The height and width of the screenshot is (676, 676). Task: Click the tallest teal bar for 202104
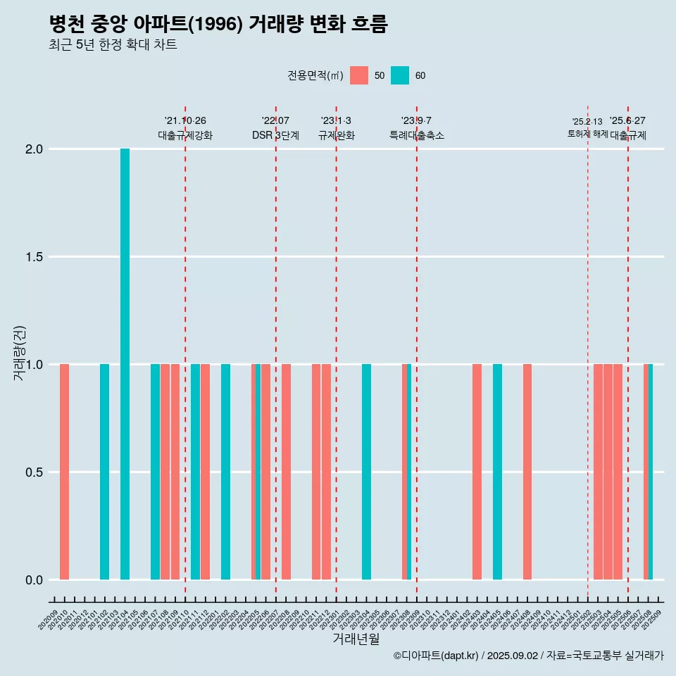point(125,364)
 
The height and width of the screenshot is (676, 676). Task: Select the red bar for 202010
point(64,472)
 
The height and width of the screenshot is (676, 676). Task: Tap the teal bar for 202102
point(104,472)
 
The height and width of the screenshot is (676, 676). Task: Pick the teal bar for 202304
point(366,472)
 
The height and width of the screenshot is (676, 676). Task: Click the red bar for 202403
point(477,472)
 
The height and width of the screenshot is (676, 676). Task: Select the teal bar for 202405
point(497,472)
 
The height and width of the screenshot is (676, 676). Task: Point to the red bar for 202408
point(527,472)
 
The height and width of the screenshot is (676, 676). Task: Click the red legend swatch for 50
point(359,75)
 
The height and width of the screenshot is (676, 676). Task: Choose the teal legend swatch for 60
point(400,75)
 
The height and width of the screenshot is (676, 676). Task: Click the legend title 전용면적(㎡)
point(315,75)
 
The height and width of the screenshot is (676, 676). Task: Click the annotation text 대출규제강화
point(185,135)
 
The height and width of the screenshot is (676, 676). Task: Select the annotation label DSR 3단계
point(275,135)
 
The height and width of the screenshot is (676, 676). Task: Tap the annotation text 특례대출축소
point(417,135)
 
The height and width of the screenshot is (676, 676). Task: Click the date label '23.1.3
point(336,121)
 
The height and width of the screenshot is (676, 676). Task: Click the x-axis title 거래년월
point(356,639)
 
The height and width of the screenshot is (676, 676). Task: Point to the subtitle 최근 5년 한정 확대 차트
point(113,45)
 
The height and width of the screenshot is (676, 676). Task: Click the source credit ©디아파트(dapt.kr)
point(437,656)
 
